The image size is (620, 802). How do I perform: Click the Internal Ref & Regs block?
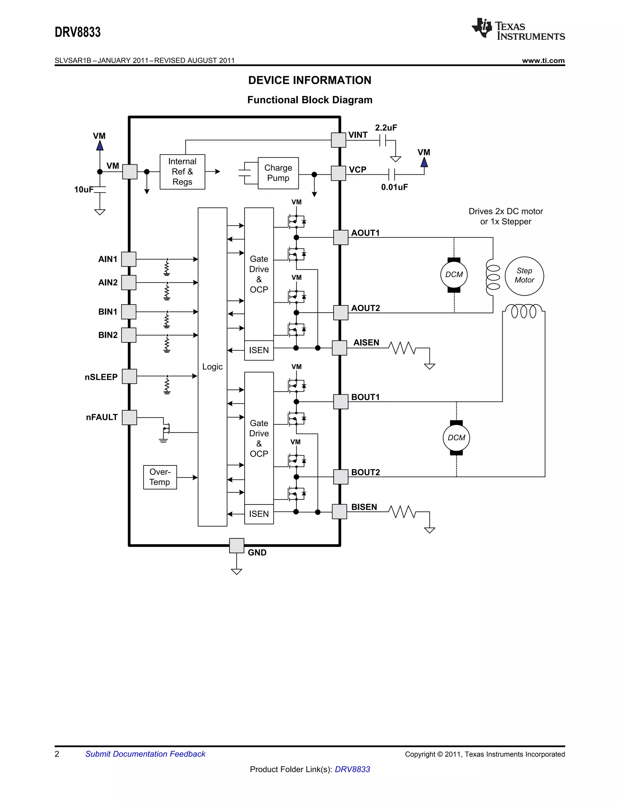coord(182,172)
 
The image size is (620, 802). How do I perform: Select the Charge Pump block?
coord(278,173)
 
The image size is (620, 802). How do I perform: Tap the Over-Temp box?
coord(160,477)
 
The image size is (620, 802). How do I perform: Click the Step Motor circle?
coord(524,276)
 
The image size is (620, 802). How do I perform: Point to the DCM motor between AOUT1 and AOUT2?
coord(454,275)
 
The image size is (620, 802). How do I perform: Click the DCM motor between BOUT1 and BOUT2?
coord(456,438)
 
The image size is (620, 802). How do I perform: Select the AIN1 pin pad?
coord(129,259)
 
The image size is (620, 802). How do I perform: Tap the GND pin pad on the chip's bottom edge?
coord(236,545)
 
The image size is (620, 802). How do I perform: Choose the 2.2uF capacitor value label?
coord(386,128)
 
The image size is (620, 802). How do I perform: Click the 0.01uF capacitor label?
coord(394,187)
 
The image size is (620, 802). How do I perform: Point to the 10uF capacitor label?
coord(84,189)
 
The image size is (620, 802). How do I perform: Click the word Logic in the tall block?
coord(212,366)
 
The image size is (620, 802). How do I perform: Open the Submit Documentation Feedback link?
coord(145,754)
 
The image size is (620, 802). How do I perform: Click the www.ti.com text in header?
coord(543,61)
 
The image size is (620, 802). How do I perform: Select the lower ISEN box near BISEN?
coord(259,514)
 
